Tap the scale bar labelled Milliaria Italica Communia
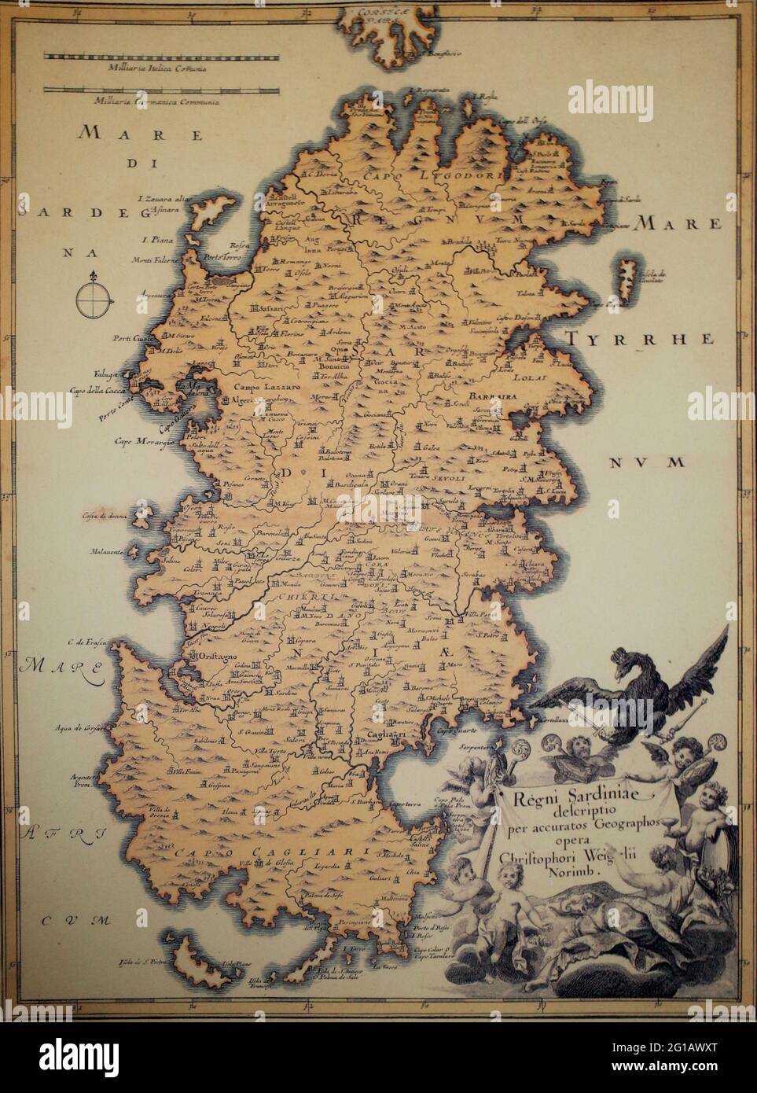click(161, 57)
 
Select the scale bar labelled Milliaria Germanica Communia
click(161, 88)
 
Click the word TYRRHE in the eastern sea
click(638, 340)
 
